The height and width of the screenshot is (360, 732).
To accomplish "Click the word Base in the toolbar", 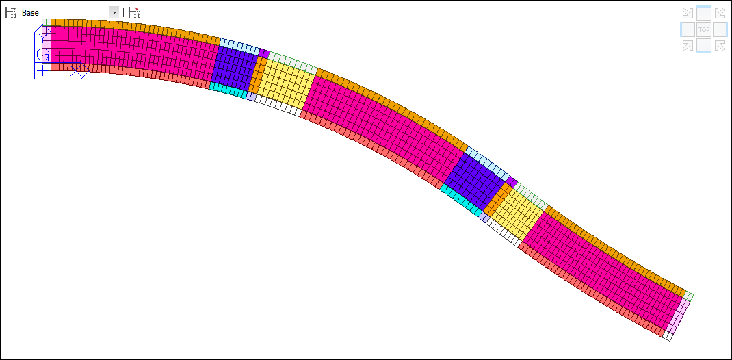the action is tap(30, 13).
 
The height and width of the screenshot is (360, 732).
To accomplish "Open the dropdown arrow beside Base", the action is tap(114, 12).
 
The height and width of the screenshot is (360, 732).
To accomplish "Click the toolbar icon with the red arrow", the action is tap(135, 12).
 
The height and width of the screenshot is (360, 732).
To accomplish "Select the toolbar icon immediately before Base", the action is tap(11, 12).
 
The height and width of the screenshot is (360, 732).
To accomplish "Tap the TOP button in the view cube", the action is tap(704, 30).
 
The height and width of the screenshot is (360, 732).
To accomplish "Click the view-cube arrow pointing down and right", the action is tap(687, 13).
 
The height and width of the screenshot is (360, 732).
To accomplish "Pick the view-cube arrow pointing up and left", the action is tap(720, 45).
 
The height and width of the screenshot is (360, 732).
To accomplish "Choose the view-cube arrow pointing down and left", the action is tap(720, 13).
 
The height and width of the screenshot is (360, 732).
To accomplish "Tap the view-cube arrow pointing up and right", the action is tap(687, 45).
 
